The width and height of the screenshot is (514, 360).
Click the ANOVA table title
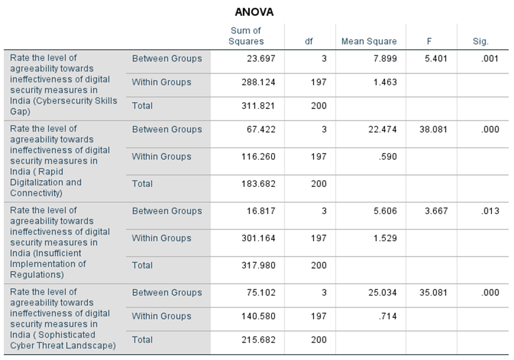tap(254, 12)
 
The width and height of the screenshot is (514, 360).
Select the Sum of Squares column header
tap(246, 36)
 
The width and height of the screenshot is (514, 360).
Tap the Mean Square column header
tap(369, 42)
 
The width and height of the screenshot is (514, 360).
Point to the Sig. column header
tap(481, 42)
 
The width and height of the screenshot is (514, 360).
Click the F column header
tap(429, 42)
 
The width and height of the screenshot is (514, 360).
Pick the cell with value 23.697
tap(261, 58)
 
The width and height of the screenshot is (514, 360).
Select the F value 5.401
tap(436, 58)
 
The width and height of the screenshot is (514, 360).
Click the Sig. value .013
tap(490, 211)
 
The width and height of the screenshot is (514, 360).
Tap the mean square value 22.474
tap(382, 129)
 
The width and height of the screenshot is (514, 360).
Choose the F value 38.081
tap(433, 129)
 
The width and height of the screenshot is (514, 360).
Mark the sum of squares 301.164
tap(258, 238)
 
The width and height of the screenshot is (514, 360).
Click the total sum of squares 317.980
tap(258, 265)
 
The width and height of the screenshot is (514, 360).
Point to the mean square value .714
tap(388, 316)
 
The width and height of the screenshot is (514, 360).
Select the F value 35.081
tap(433, 292)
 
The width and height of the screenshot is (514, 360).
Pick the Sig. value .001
tap(490, 58)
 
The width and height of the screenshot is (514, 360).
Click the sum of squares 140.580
tap(258, 316)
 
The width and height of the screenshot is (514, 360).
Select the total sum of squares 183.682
tap(258, 184)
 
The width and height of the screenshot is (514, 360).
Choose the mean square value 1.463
tap(385, 82)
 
